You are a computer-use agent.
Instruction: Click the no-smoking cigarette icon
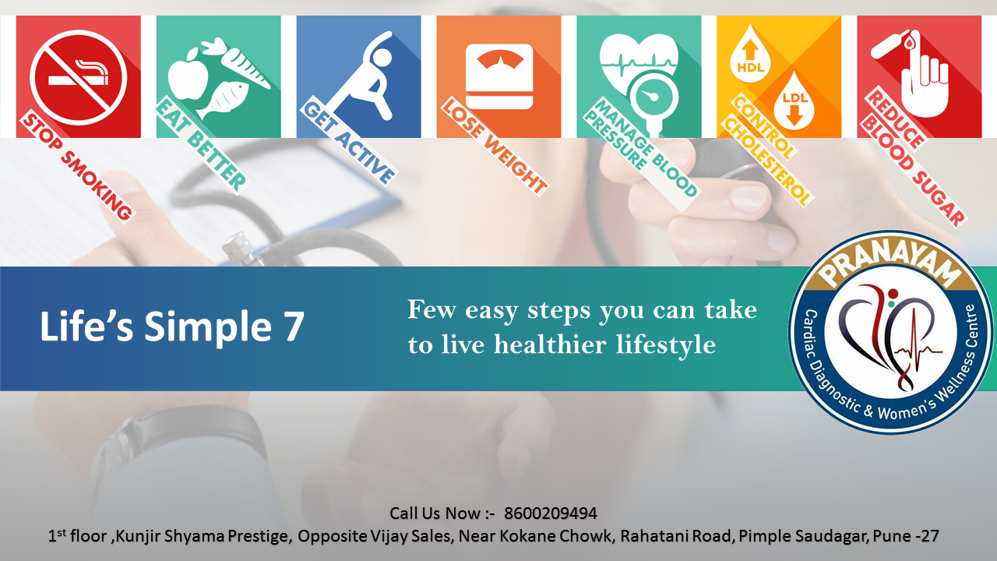pyautogui.click(x=79, y=77)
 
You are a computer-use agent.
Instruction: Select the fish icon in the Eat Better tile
pyautogui.click(x=223, y=99)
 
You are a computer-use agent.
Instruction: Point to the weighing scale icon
pyautogui.click(x=499, y=76)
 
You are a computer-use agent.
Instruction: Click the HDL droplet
pyautogui.click(x=750, y=55)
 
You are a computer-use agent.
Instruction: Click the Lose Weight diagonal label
pyautogui.click(x=495, y=147)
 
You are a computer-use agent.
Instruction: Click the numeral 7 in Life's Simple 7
pyautogui.click(x=294, y=326)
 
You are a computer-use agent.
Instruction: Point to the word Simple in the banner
pyautogui.click(x=207, y=326)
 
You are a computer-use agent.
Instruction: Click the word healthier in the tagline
pyautogui.click(x=550, y=344)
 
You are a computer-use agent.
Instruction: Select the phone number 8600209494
pyautogui.click(x=551, y=513)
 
